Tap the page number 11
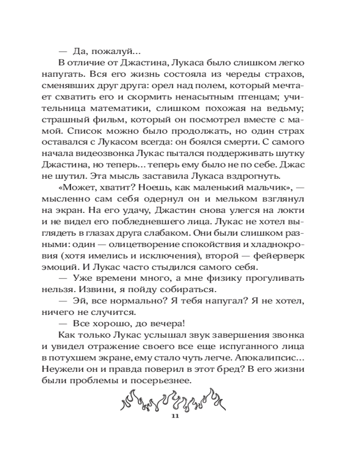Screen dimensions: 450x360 coord(175,416)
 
